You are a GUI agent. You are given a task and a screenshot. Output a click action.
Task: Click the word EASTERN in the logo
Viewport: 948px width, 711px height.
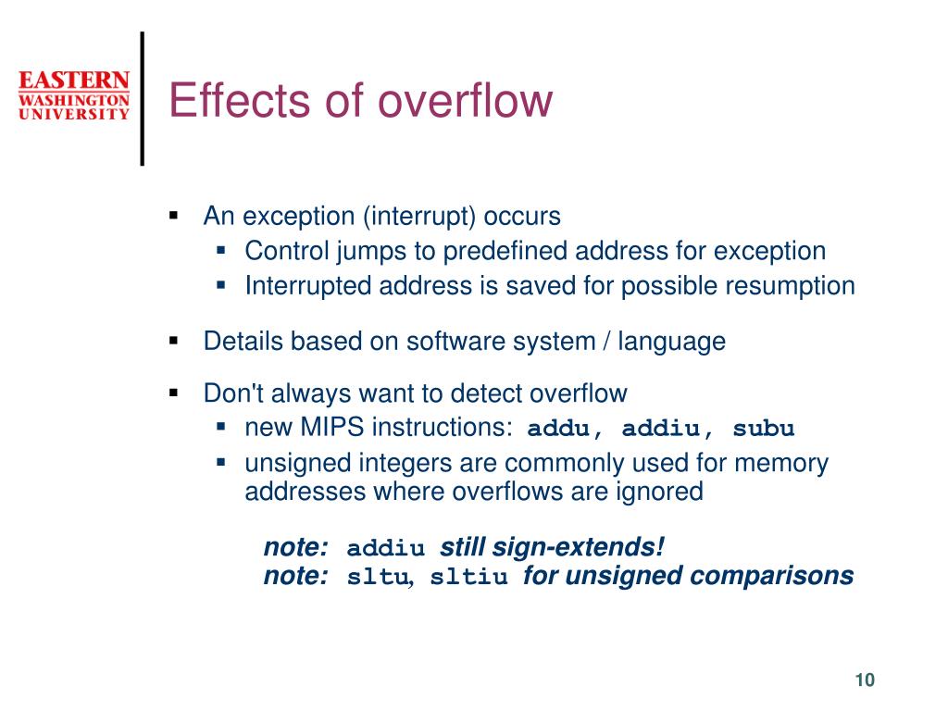74,81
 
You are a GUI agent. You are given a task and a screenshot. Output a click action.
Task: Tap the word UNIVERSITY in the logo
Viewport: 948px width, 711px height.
74,114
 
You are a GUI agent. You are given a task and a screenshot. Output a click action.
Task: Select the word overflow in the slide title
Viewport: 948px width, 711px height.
466,100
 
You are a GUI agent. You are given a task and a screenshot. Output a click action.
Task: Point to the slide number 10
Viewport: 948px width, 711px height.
865,680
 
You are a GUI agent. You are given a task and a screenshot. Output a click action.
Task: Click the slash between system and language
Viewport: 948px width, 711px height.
606,342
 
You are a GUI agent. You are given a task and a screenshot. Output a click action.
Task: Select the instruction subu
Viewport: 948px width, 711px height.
764,428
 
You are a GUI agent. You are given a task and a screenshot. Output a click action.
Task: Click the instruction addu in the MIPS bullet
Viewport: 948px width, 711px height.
558,428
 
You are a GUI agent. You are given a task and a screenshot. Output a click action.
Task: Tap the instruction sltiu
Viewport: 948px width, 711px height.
468,576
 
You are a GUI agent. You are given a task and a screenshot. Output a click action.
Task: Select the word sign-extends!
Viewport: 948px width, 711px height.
578,547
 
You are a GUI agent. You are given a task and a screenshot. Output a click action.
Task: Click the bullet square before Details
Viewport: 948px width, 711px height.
174,341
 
